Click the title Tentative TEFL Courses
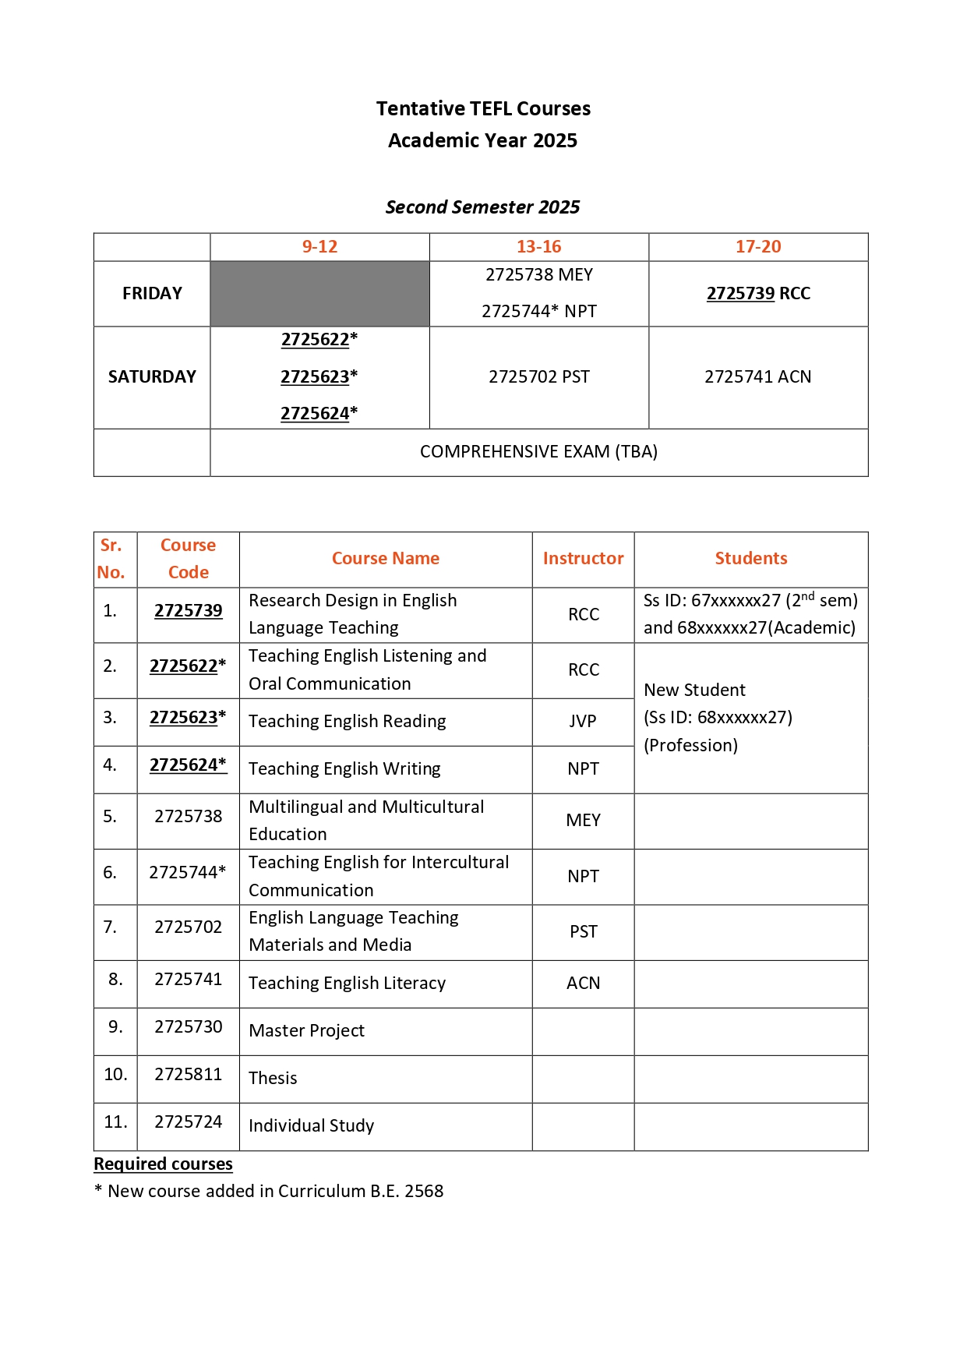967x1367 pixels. [483, 108]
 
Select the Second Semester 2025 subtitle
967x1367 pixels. [482, 207]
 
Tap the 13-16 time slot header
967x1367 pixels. [538, 247]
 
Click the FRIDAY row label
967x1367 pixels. [152, 294]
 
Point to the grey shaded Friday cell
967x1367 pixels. [319, 294]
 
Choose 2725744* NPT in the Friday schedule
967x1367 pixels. [538, 312]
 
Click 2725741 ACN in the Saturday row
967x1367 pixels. [757, 377]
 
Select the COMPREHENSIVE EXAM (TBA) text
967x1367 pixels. [538, 452]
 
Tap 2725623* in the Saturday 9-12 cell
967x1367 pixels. [319, 377]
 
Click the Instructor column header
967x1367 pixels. [583, 559]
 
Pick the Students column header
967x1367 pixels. [750, 559]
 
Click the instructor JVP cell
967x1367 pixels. [583, 722]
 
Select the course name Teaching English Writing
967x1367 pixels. [344, 769]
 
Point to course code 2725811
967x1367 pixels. [188, 1075]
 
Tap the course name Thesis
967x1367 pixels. [273, 1079]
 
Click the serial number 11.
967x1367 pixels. [115, 1122]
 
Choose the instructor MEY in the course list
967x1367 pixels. [583, 821]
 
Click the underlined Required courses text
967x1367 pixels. [163, 1164]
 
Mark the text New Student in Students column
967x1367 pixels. [694, 691]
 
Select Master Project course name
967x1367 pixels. [306, 1031]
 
